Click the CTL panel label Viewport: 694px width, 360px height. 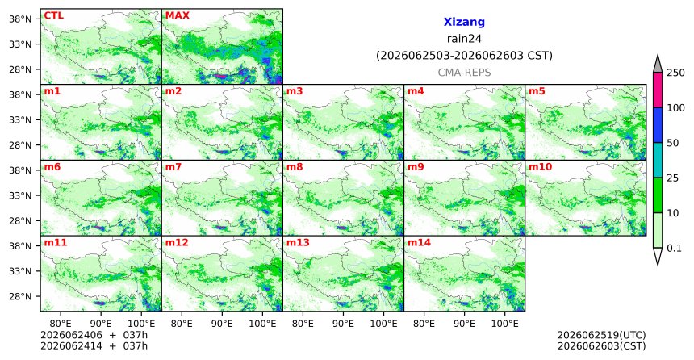[53, 15]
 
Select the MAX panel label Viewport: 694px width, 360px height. [177, 15]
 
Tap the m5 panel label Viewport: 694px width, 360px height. [537, 91]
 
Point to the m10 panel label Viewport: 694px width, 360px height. [540, 167]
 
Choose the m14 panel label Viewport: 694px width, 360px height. [419, 243]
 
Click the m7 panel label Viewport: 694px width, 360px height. [173, 167]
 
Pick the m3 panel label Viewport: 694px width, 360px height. [295, 91]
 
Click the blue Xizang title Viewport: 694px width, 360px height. [464, 22]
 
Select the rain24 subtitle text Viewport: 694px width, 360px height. [464, 39]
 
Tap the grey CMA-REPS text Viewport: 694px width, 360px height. [464, 73]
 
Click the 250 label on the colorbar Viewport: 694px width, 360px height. [676, 73]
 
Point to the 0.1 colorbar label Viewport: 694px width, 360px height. [674, 248]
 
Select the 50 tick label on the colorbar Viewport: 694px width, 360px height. [673, 143]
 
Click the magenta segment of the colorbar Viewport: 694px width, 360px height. [658, 90]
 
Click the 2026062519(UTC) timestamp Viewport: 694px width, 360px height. [601, 335]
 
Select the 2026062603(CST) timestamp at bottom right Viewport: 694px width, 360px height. [601, 345]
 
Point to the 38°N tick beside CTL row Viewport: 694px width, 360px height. [20, 19]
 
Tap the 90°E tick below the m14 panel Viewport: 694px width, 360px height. [465, 324]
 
